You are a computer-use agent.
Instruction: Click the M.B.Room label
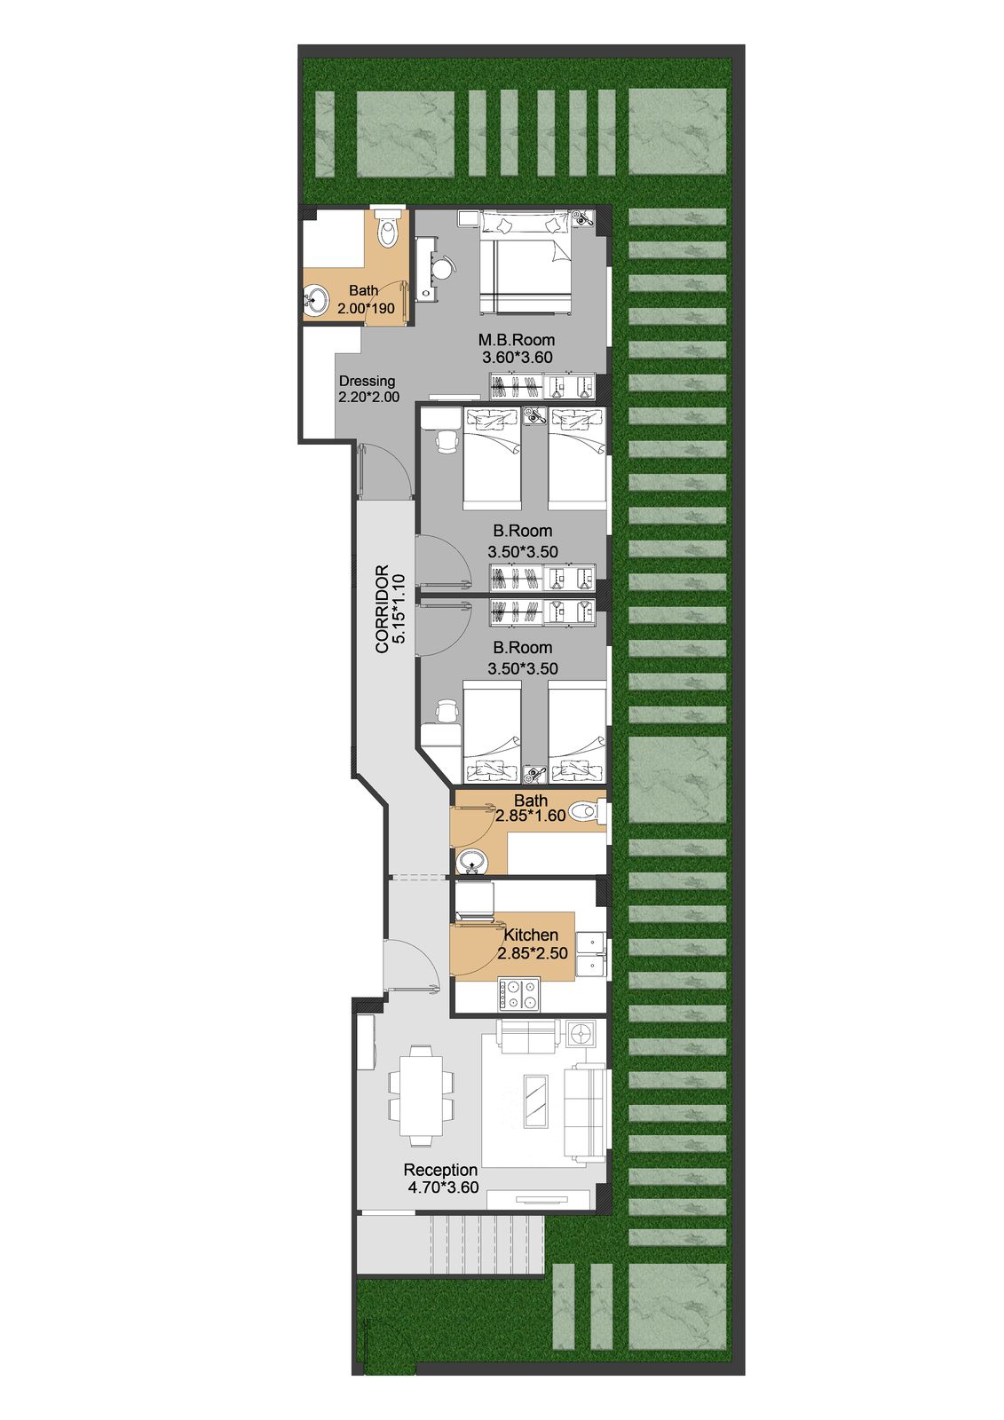coord(517,340)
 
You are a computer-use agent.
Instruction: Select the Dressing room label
coord(367,381)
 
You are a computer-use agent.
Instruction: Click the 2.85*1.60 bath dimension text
coord(530,816)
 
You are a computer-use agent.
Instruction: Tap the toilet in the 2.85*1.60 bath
coord(585,811)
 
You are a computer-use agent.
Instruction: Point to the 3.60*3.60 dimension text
coord(517,357)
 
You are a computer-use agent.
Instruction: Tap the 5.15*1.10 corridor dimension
coord(399,609)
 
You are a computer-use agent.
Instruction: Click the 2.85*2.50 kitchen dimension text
coord(532,953)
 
